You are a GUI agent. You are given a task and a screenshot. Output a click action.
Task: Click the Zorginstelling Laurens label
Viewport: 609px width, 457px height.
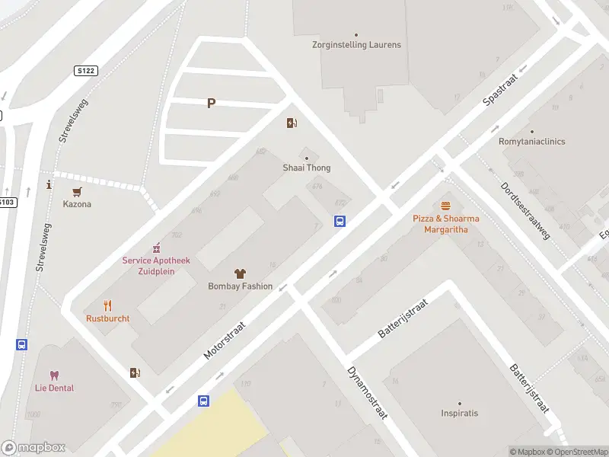point(356,45)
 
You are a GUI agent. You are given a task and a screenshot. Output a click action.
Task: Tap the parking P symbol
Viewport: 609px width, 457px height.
point(211,104)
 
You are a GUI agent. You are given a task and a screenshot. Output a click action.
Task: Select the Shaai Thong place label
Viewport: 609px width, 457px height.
point(307,168)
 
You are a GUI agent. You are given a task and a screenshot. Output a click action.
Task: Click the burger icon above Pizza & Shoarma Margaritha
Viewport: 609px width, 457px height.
point(446,206)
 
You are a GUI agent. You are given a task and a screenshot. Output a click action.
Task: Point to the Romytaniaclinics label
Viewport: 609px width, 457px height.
point(532,142)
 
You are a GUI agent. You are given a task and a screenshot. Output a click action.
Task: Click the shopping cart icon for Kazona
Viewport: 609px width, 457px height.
point(77,192)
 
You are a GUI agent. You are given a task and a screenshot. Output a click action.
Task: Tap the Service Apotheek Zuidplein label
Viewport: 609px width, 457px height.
point(156,265)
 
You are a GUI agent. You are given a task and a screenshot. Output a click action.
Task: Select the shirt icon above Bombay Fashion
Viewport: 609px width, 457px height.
point(240,273)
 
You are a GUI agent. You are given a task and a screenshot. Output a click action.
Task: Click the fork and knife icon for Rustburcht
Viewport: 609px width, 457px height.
point(107,305)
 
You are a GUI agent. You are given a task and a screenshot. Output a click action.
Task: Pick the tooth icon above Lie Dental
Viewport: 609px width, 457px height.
point(54,376)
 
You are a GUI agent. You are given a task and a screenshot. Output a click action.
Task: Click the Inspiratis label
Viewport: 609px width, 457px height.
point(460,414)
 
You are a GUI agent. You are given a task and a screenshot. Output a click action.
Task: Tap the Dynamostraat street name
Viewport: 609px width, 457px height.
point(368,393)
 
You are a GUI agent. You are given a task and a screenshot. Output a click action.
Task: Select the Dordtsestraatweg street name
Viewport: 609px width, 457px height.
point(525,210)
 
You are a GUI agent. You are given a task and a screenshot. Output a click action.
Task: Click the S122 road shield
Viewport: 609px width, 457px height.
point(85,70)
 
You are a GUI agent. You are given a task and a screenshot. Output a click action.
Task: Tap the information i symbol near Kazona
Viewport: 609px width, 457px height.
point(49,184)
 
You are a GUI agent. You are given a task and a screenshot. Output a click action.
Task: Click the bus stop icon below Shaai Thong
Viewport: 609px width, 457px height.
point(340,222)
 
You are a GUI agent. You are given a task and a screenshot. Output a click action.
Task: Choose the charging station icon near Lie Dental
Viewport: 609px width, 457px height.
point(135,372)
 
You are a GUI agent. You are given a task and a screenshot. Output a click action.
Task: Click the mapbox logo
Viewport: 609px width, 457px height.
point(33,448)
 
